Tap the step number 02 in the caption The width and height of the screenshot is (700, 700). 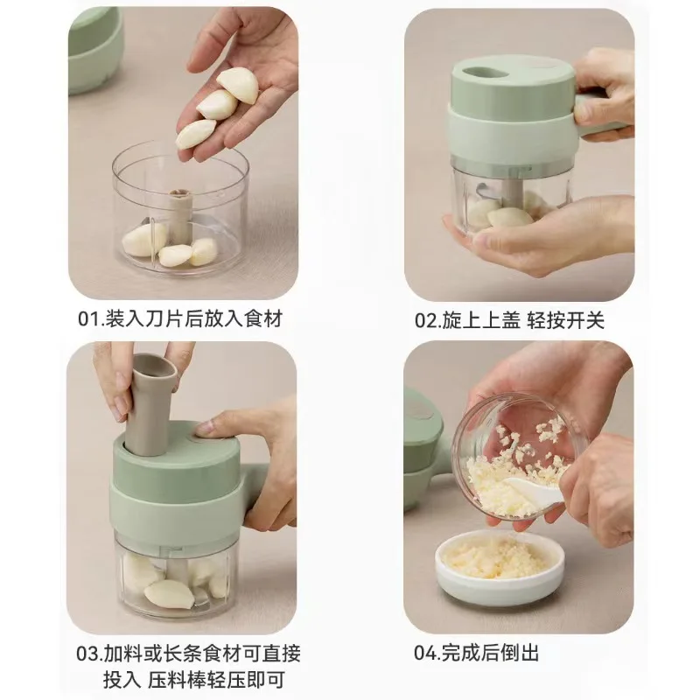(x=427, y=320)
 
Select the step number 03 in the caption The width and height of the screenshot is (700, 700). (x=88, y=653)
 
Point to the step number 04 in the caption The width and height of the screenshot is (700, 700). (x=428, y=653)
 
